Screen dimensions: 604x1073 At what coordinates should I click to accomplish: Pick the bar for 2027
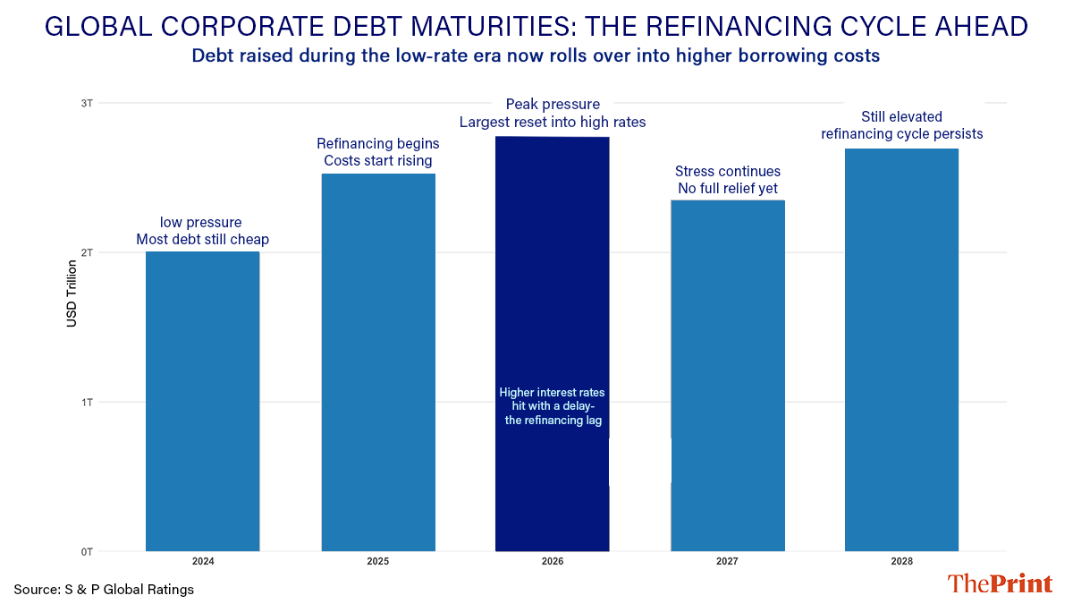coord(727,376)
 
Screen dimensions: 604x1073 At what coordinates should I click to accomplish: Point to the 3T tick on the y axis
coord(87,103)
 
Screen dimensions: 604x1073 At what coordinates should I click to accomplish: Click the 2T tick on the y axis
coord(87,252)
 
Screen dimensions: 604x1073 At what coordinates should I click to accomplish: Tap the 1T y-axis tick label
coord(87,402)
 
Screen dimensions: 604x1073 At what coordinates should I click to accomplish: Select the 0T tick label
coord(87,551)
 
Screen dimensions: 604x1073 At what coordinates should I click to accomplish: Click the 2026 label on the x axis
coord(552,562)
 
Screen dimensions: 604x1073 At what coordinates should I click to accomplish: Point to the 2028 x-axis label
coord(901,562)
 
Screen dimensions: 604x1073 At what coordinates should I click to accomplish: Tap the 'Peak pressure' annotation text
coord(553,105)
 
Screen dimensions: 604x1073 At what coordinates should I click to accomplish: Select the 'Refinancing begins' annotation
coord(378,143)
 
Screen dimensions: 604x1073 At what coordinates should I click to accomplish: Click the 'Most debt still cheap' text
coord(202,240)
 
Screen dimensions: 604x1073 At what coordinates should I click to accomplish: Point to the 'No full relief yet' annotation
coord(727,189)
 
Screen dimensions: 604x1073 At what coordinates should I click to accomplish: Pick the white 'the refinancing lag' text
coord(552,420)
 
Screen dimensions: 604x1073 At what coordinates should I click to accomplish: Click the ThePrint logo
coord(1000,584)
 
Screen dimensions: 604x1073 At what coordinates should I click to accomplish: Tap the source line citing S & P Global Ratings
coord(104,590)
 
